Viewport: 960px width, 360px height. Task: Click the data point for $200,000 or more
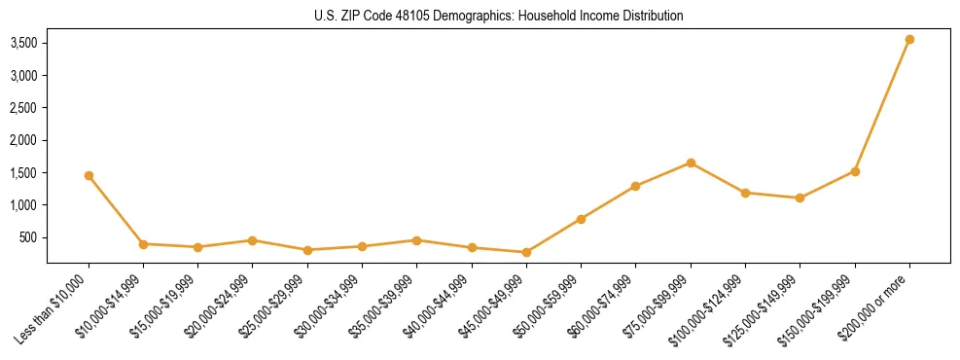coord(909,40)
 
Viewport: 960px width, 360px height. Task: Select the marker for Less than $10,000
coord(89,176)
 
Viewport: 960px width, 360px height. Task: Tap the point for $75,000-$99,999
coord(691,162)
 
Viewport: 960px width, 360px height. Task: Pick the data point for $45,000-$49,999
coord(526,253)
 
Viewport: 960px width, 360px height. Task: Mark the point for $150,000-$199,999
coord(855,171)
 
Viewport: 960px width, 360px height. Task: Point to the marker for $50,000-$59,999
coord(581,219)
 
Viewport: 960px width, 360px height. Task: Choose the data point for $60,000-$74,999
coord(635,186)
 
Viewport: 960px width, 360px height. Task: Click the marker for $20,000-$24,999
coord(252,240)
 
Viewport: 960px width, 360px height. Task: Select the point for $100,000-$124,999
coord(745,193)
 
